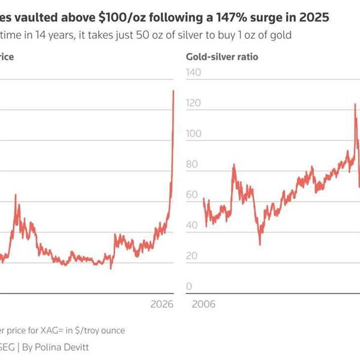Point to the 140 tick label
pyautogui.click(x=194, y=73)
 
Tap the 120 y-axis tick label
pyautogui.click(x=194, y=103)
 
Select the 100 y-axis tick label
pyautogui.click(x=194, y=134)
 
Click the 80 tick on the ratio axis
pyautogui.click(x=192, y=164)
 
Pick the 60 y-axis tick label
pyautogui.click(x=192, y=195)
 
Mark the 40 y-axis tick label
pyautogui.click(x=192, y=226)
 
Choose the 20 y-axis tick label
pyautogui.click(x=192, y=256)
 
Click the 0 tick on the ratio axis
pyautogui.click(x=190, y=287)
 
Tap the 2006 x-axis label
pyautogui.click(x=203, y=304)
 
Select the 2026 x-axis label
pyautogui.click(x=161, y=304)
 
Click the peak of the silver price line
pyautogui.click(x=173, y=91)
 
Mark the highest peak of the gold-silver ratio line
pyautogui.click(x=355, y=104)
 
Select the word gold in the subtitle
pyautogui.click(x=281, y=35)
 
